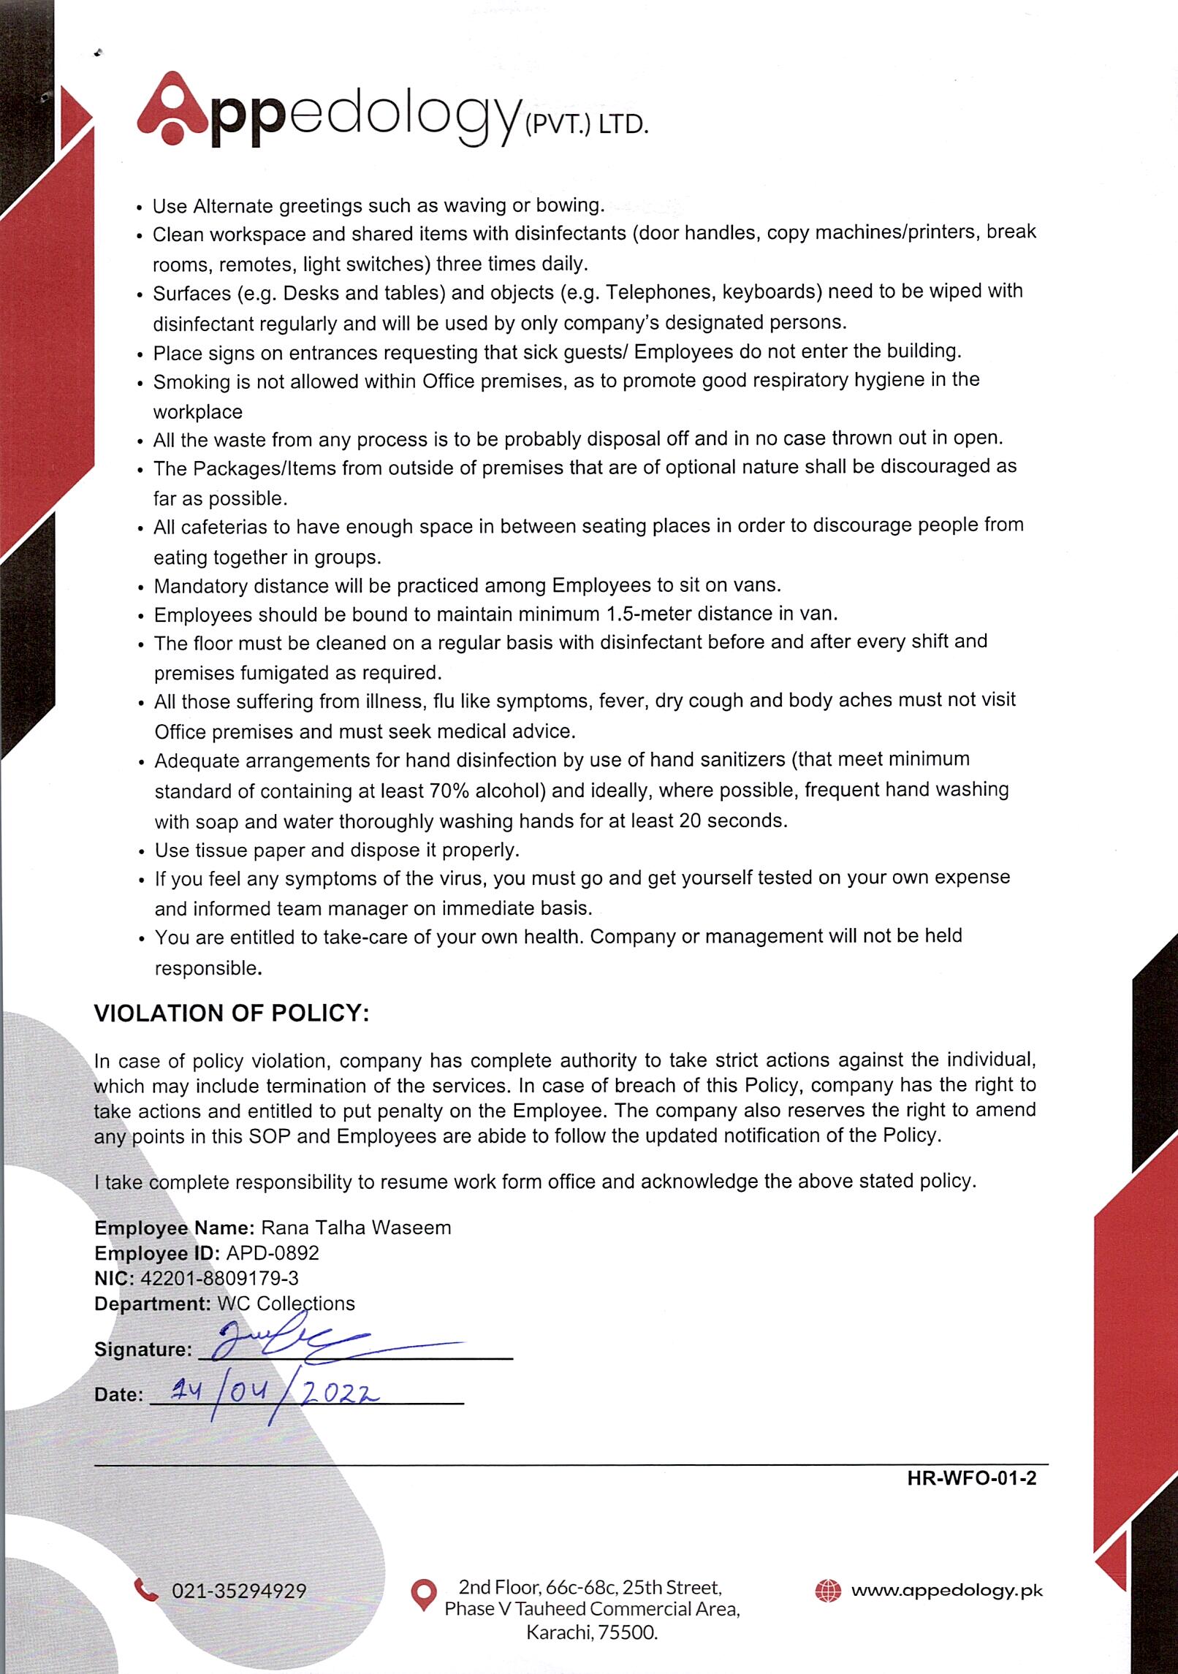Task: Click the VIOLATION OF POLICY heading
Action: (232, 1013)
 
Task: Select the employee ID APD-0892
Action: (273, 1254)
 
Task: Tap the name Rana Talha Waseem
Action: (356, 1228)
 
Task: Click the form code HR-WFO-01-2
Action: (971, 1478)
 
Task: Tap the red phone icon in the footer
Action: (146, 1590)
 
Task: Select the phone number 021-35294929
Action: (239, 1591)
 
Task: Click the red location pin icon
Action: (424, 1595)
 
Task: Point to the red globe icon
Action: (827, 1590)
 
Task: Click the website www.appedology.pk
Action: (947, 1590)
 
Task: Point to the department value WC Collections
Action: (286, 1304)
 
